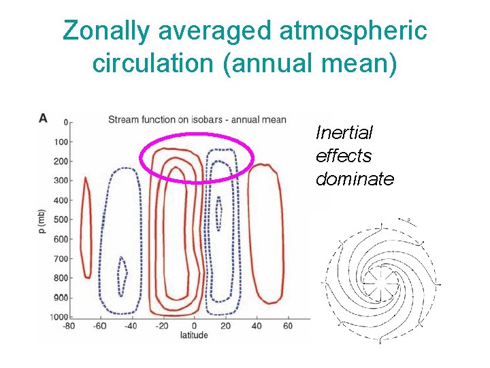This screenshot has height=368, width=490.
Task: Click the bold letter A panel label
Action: point(43,118)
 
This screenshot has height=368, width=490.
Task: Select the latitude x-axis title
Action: point(194,335)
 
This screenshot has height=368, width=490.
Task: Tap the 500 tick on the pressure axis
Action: point(62,219)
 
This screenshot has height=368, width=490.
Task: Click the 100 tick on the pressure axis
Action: point(62,142)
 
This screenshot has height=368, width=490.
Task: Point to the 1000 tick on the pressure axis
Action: point(61,317)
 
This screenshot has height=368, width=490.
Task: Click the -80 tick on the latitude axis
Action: point(68,326)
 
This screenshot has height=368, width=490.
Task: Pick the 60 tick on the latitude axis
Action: point(287,326)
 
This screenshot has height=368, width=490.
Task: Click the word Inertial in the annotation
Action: point(344,133)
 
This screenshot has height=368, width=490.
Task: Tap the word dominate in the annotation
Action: point(355,179)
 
